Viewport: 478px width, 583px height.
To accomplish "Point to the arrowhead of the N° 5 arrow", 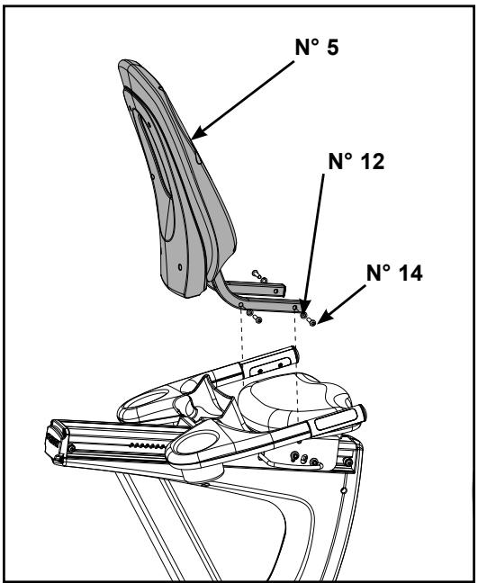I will (x=194, y=138).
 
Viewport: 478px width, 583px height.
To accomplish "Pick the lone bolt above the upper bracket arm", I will (x=257, y=276).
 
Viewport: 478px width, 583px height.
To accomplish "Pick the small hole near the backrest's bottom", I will (x=179, y=266).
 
